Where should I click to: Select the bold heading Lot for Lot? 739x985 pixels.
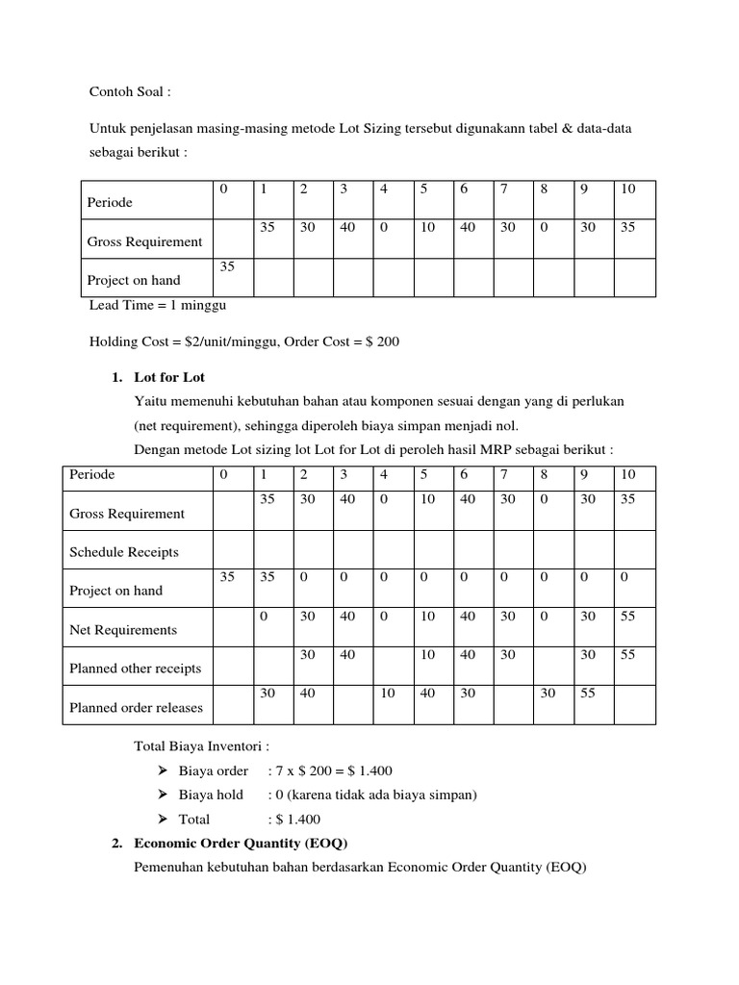tap(169, 377)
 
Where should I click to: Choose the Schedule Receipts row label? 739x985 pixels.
tap(124, 552)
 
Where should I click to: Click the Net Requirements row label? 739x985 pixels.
tap(123, 630)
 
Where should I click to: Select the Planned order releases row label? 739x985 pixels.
tap(137, 708)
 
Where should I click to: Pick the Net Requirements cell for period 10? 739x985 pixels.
tap(628, 617)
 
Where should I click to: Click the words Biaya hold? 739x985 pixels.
tap(211, 796)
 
